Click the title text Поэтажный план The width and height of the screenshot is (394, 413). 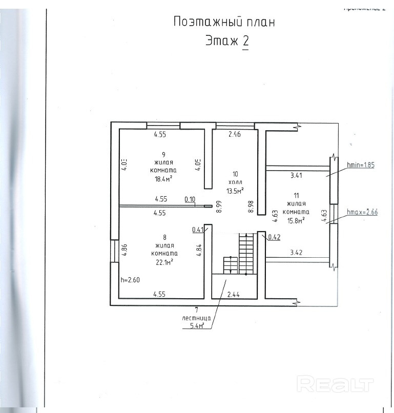(x=224, y=22)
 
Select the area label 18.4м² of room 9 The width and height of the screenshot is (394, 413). (x=163, y=179)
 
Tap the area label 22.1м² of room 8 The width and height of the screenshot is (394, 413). (x=163, y=261)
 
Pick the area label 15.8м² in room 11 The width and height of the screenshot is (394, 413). (x=296, y=221)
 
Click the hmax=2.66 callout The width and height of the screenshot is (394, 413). (x=362, y=211)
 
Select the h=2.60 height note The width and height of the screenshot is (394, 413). (x=130, y=280)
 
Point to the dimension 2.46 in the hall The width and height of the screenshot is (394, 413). (x=234, y=135)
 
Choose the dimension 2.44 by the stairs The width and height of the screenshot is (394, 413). (x=233, y=295)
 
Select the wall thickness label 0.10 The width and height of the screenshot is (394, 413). (x=190, y=199)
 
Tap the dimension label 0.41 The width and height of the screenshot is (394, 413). (x=198, y=230)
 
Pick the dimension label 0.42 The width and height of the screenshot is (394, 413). (x=274, y=237)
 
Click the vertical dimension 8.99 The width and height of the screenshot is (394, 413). (x=219, y=206)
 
